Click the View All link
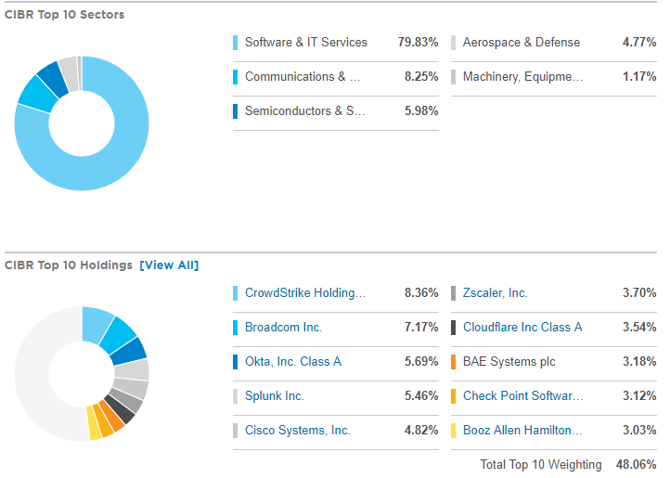coord(169,265)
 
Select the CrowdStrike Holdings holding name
coord(305,293)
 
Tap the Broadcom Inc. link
coord(283,328)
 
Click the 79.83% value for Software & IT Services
coord(415,43)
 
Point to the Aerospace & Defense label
coord(521,43)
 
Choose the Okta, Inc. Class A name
coord(292,362)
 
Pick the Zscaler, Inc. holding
coord(495,293)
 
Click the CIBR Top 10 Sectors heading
coord(64,15)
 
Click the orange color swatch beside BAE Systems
coord(453,362)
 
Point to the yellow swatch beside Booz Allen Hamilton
coord(453,431)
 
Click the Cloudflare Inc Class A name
coord(522,328)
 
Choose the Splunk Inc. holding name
coord(274,396)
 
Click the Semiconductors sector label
coord(304,111)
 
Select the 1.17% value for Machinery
coord(639,77)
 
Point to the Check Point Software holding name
coord(522,396)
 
